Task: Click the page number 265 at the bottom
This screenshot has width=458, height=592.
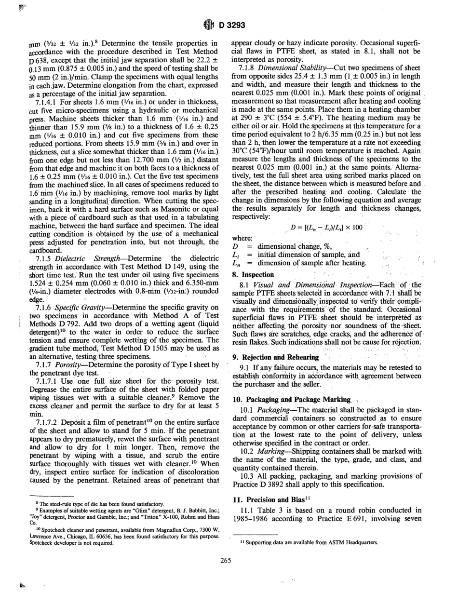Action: [x=229, y=560]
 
